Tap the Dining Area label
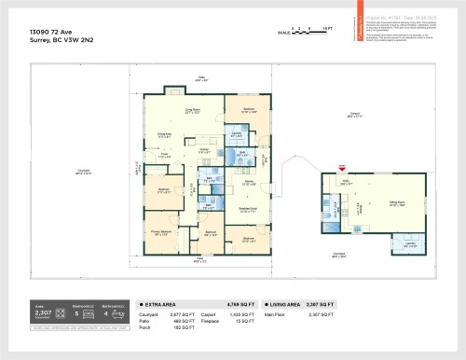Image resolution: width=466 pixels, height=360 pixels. coord(163,134)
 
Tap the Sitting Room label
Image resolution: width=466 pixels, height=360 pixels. coord(396,203)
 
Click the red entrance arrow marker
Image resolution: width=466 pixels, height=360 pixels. coord(342,168)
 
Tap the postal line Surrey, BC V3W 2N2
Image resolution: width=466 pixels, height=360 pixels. coord(56,42)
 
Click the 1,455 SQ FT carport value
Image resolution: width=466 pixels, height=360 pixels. coord(237,315)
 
